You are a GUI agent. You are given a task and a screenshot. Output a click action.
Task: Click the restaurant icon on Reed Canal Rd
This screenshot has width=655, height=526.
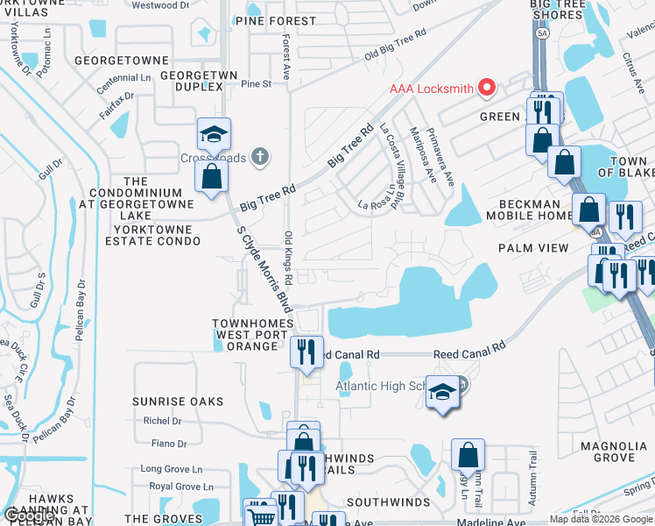tap(306, 352)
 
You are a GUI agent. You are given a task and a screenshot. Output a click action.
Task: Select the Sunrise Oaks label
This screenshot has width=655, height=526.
tap(179, 402)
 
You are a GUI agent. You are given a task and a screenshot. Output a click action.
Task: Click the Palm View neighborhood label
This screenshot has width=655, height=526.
tap(533, 248)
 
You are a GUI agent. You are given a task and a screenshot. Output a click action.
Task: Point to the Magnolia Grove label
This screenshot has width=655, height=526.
tap(614, 451)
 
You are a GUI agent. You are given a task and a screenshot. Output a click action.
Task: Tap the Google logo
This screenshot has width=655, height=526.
tap(29, 515)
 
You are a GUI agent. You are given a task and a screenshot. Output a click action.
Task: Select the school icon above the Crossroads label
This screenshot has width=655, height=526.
tap(214, 135)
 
